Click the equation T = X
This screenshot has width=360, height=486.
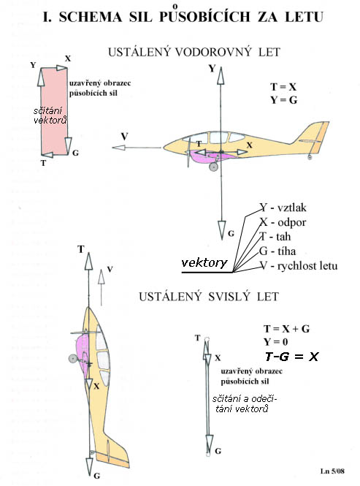click(283, 87)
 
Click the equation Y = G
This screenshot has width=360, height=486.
click(283, 100)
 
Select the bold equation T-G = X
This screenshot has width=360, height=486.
click(291, 357)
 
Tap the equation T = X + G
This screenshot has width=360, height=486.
click(286, 329)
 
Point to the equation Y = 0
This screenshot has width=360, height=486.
click(276, 341)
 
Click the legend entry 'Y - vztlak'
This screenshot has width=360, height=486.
click(283, 208)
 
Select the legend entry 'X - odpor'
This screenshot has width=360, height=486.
click(283, 222)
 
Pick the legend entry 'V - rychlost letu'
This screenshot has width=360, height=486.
click(299, 266)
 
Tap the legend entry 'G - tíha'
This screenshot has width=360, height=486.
click(277, 251)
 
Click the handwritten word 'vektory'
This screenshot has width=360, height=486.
click(204, 263)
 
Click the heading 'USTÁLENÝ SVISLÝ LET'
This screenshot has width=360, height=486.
click(209, 297)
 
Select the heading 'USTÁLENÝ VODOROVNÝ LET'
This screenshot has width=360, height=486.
click(194, 52)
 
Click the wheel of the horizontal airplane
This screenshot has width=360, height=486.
click(213, 167)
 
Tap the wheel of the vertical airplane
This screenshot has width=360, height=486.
click(73, 359)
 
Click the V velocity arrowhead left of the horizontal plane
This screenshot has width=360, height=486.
click(118, 148)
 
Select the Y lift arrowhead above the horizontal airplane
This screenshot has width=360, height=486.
click(221, 75)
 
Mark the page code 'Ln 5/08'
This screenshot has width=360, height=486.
click(332, 471)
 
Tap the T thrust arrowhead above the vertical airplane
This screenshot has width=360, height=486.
click(88, 261)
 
